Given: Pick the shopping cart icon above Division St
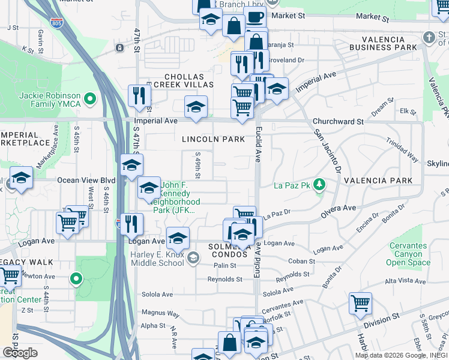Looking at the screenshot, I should coord(360,303).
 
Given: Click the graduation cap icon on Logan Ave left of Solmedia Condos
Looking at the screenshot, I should coord(178,238).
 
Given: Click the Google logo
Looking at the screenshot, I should coord(20,353).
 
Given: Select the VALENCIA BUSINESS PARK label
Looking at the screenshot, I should coord(384,43).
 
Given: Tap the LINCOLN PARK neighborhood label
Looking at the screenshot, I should coord(214,139).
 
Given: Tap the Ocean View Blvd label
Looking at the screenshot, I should coord(86,180).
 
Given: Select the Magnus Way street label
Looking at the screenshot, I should coord(160,313).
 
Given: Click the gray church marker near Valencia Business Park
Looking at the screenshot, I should coord(429,37).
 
